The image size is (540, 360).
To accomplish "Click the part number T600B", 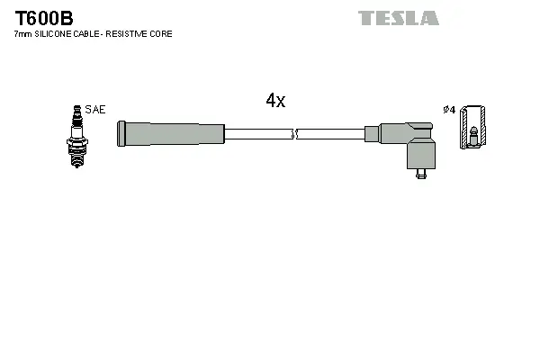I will [43, 18].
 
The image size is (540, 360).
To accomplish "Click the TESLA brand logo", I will [398, 18].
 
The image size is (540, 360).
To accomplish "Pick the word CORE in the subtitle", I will [163, 34].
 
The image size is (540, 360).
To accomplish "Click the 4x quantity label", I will [275, 102].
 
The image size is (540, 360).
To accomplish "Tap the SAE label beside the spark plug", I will [96, 110].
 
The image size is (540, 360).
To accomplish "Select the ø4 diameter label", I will [449, 110].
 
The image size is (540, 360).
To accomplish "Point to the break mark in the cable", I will [294, 134].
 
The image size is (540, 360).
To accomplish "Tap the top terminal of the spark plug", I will [76, 109].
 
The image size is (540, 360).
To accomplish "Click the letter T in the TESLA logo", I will [365, 18].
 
